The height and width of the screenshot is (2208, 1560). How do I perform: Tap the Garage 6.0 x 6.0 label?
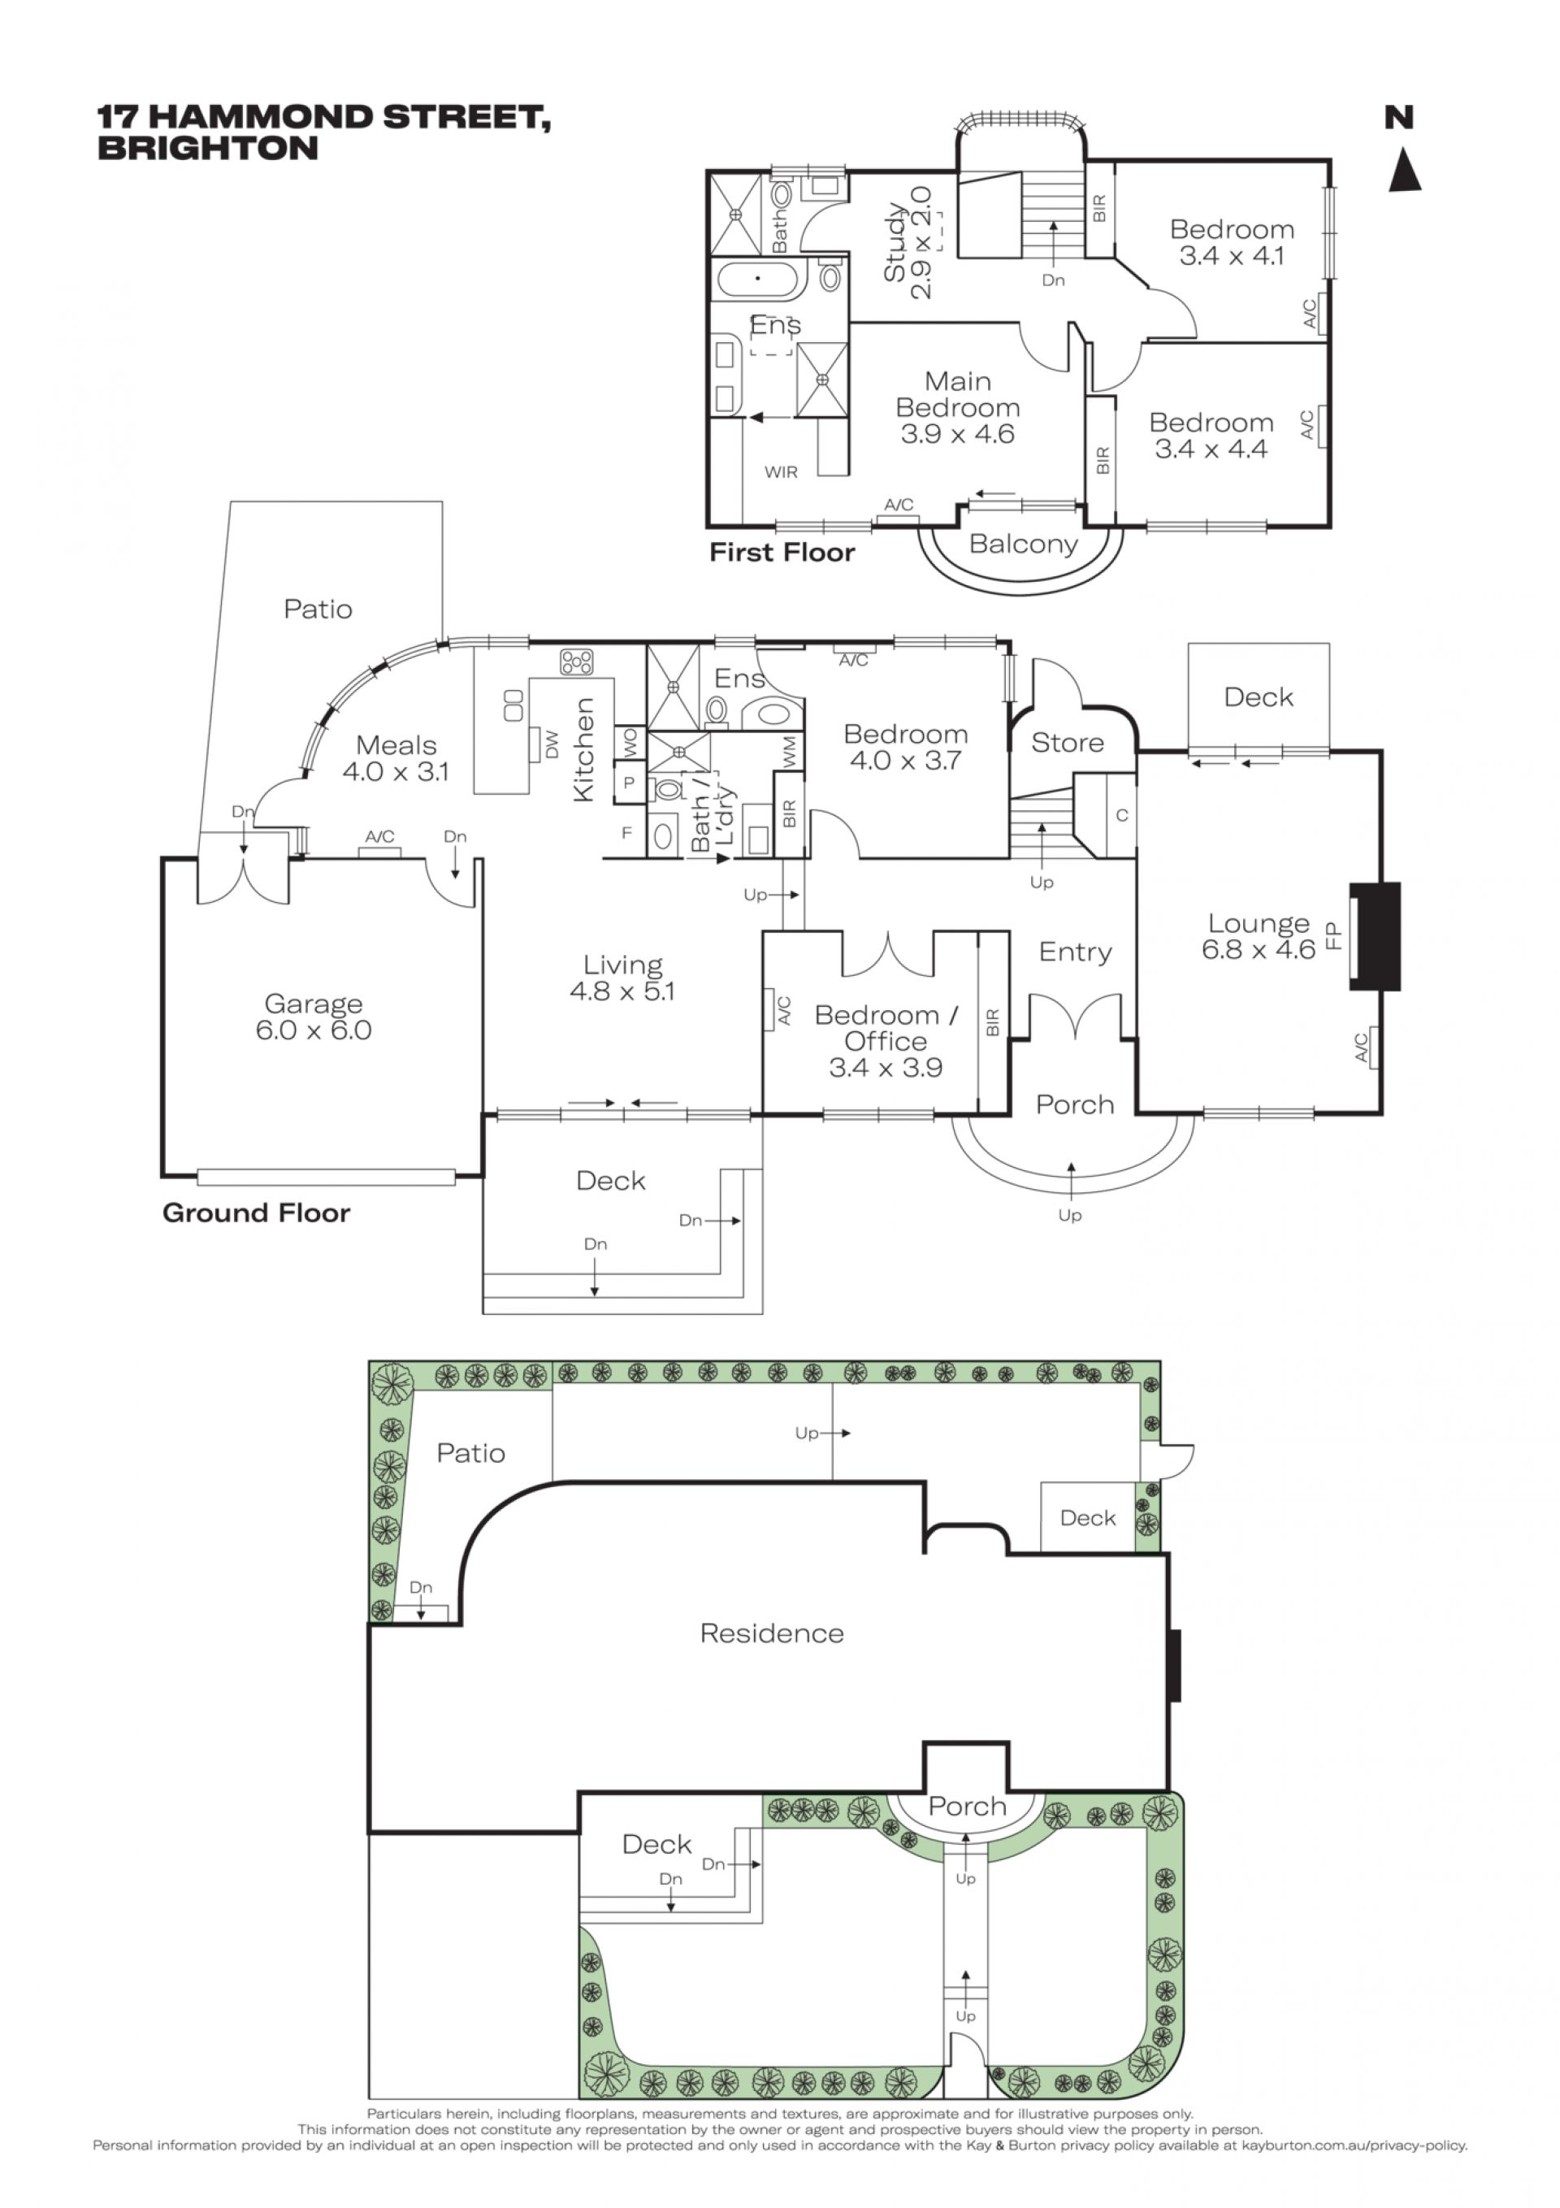(314, 1017)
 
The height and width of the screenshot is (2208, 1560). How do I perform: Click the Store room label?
(1067, 743)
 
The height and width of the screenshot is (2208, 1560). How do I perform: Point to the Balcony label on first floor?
(1022, 544)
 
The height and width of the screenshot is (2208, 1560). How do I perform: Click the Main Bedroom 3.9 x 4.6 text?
(957, 408)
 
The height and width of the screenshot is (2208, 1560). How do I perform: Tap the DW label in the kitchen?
(552, 745)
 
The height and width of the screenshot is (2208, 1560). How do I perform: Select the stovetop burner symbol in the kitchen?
(576, 662)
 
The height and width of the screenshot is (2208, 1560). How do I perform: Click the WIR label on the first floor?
(781, 472)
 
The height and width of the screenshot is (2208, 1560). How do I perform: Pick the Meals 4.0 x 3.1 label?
(396, 757)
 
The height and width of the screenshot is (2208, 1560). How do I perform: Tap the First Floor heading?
(782, 552)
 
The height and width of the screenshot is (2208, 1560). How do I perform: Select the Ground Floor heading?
(256, 1212)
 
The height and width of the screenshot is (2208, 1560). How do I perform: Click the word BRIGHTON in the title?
(208, 149)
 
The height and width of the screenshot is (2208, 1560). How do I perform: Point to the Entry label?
(1075, 952)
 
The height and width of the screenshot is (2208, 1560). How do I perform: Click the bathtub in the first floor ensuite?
(758, 279)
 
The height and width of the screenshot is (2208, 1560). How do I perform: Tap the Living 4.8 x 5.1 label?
(622, 978)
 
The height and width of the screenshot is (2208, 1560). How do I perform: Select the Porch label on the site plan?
(967, 1806)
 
